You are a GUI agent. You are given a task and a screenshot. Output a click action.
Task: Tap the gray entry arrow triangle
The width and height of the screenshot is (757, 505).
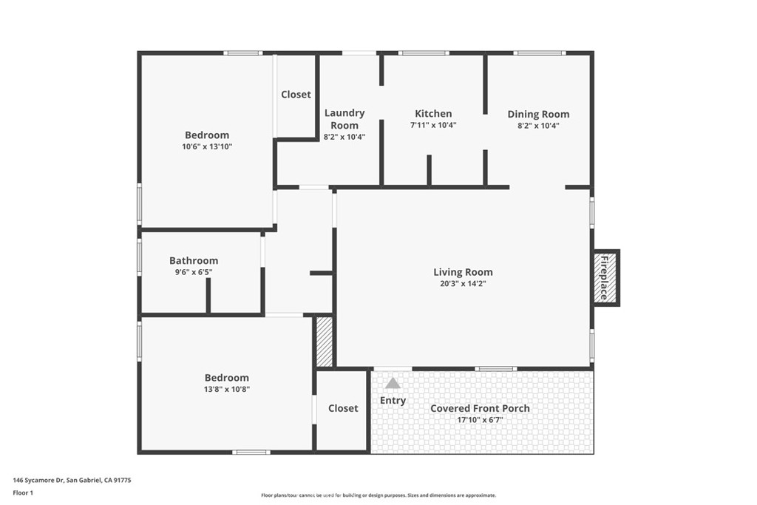tap(393, 383)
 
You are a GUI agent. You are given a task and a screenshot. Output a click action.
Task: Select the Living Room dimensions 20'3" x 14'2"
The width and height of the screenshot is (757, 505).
tap(463, 284)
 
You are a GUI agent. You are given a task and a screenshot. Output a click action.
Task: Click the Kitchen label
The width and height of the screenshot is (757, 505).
tap(433, 113)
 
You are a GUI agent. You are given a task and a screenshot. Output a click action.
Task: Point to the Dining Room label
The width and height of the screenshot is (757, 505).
tap(538, 115)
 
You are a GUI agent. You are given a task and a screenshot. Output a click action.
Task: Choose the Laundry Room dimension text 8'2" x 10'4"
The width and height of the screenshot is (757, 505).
tap(344, 137)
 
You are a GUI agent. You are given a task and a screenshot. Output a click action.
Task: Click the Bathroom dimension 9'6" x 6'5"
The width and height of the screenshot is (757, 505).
tap(194, 272)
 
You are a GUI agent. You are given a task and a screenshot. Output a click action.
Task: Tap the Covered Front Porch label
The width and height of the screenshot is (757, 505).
tap(480, 408)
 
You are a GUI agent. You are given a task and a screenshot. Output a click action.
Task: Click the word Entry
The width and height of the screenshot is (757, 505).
tap(393, 401)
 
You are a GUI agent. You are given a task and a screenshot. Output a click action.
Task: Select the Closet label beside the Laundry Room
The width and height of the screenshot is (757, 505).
tap(296, 95)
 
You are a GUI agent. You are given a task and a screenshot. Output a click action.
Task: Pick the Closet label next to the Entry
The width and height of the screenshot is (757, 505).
tap(343, 408)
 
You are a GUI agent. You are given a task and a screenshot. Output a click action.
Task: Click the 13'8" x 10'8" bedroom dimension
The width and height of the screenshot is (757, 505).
tap(227, 389)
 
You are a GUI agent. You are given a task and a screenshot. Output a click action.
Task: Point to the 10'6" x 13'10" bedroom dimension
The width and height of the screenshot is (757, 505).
tap(207, 147)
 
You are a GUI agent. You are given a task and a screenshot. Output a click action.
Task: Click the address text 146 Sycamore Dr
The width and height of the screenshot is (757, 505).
tap(38, 481)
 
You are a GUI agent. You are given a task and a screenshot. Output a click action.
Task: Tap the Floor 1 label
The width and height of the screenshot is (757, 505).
tap(23, 493)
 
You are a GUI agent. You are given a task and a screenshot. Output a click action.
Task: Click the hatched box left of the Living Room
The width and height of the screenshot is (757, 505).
tap(325, 342)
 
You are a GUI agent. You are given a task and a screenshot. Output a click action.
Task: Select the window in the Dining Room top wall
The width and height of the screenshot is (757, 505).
tap(539, 53)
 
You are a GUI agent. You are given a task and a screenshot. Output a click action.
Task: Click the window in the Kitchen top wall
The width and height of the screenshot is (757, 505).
tap(424, 53)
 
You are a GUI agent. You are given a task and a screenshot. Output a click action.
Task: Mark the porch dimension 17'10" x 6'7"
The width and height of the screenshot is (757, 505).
tap(480, 420)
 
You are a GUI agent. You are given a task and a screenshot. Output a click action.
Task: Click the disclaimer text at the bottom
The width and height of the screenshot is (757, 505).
tap(378, 495)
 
